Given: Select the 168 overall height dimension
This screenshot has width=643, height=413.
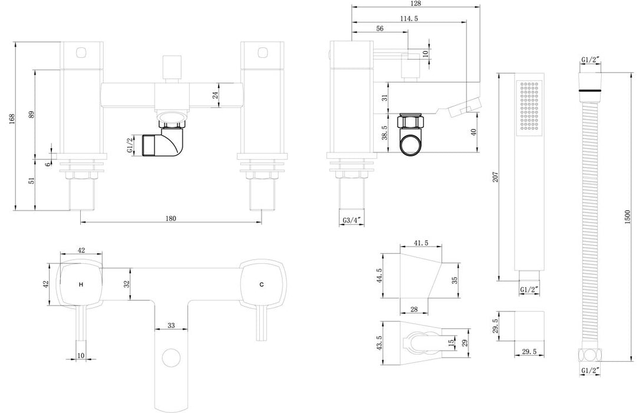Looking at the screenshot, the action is [x=12, y=119].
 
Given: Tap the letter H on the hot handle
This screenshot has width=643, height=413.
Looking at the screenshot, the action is [x=81, y=284].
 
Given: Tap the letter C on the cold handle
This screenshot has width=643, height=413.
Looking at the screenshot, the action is [x=262, y=284].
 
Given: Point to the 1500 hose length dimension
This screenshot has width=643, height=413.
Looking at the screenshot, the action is [x=627, y=218].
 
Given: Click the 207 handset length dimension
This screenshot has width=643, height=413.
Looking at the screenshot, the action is [x=496, y=177].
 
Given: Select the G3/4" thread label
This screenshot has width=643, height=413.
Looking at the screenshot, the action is [x=352, y=221].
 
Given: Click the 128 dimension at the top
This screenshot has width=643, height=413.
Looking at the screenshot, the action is [x=416, y=4].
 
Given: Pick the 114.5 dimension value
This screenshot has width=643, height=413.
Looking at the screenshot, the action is [x=409, y=18].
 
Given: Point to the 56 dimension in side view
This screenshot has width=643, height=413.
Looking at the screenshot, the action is [x=380, y=28].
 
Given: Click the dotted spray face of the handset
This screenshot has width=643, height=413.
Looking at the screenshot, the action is [x=529, y=106].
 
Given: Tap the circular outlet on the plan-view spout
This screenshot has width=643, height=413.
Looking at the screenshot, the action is [x=171, y=358].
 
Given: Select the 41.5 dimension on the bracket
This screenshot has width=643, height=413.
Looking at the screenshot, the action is [x=421, y=243].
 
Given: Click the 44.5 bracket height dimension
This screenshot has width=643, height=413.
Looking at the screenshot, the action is [x=380, y=276].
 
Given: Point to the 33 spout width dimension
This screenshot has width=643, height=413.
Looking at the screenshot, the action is [x=171, y=326].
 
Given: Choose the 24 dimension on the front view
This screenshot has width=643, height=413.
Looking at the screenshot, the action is [x=215, y=96].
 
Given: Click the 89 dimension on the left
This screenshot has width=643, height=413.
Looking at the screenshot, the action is [x=32, y=114].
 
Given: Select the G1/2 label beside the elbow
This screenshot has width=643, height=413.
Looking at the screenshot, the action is [x=130, y=146].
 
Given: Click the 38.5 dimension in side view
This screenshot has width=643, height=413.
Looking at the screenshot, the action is [x=384, y=133].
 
